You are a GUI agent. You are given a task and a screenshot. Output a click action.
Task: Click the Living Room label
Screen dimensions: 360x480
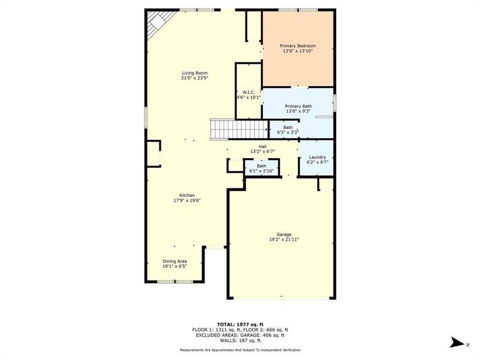pos(194,73)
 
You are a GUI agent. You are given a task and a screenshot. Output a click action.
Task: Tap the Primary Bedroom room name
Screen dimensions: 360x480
pos(298,46)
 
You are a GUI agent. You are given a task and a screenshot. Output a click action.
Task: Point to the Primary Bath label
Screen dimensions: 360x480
pos(298,106)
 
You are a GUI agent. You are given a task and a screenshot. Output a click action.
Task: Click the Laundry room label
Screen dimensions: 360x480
pos(317,157)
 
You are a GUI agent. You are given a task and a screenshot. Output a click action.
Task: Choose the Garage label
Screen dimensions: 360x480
pos(284,234)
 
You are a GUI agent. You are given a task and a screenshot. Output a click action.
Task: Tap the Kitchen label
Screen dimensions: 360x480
pos(187,196)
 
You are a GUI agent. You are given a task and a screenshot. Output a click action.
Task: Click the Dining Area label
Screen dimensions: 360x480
pos(175,261)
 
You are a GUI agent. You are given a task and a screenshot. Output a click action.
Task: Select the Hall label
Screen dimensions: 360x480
pos(262,146)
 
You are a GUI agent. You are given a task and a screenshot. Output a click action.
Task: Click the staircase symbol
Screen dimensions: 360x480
pos(238,128)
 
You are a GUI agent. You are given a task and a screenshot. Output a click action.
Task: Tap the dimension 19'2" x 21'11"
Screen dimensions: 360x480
pos(284,239)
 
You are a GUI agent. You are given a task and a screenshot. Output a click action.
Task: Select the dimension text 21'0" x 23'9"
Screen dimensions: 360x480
pos(194,78)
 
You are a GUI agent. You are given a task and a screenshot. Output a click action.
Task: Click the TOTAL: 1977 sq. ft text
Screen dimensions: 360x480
pos(240,324)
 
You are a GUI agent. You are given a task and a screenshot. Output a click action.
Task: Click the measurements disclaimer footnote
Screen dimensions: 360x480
pos(240,350)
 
